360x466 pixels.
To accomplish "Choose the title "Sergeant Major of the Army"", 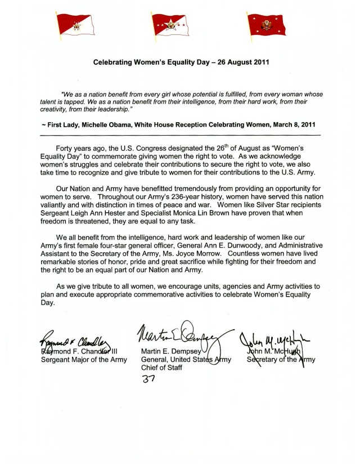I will pos(84,360).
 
